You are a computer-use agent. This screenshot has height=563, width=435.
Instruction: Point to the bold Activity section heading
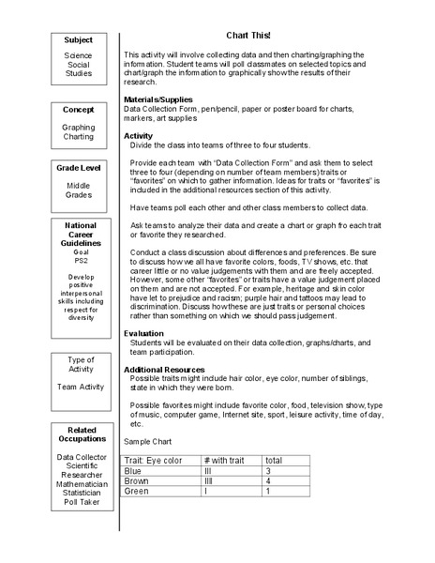pyautogui.click(x=139, y=135)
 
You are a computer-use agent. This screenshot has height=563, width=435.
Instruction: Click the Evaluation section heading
pyautogui.click(x=145, y=333)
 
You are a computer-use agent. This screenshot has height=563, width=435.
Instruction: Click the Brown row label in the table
pyautogui.click(x=138, y=481)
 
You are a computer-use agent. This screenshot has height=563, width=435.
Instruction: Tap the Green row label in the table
pyautogui.click(x=137, y=491)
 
